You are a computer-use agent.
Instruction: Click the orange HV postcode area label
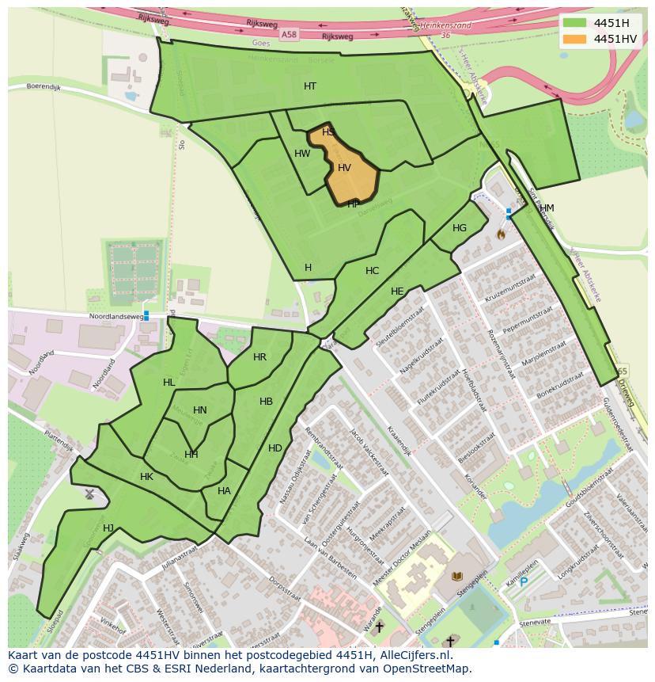click(344, 168)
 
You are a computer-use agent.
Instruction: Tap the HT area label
click(310, 86)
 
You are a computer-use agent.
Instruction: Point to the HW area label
click(302, 154)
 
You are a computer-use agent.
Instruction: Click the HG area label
click(460, 228)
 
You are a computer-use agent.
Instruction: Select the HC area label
click(372, 271)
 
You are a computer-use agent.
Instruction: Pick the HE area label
click(397, 291)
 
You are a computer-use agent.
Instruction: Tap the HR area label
click(259, 357)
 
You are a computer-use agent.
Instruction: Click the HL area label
click(168, 383)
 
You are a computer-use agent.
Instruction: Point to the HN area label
click(199, 410)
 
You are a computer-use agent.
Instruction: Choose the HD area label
click(274, 448)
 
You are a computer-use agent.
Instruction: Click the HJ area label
click(108, 528)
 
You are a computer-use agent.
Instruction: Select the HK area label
click(146, 477)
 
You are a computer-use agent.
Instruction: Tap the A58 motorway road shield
click(289, 35)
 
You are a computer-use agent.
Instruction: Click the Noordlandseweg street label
click(116, 316)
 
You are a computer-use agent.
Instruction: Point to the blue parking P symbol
click(523, 581)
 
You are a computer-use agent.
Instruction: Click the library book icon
click(456, 577)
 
